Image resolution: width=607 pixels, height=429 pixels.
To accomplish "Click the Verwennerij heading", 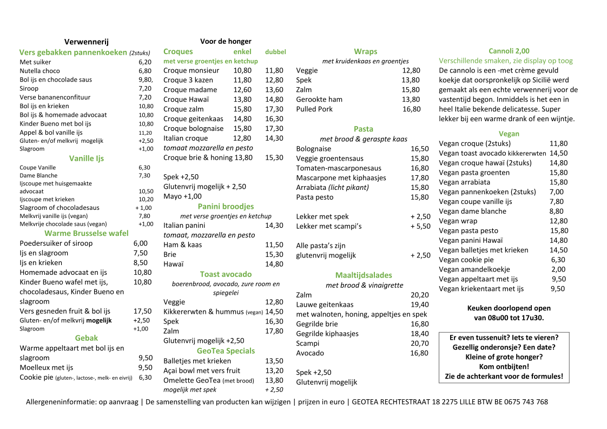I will coord(87,42).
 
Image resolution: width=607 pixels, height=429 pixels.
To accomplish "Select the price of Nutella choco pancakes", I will coord(144,71).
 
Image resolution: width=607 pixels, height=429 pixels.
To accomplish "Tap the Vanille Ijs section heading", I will coord(87,159).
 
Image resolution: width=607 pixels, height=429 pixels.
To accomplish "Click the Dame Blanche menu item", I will coord(38,175).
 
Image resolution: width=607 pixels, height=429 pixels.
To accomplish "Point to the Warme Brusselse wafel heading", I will coord(87,233).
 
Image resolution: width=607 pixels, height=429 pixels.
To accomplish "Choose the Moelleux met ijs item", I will coord(47,367).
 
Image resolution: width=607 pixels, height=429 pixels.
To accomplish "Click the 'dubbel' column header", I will coord(275,52).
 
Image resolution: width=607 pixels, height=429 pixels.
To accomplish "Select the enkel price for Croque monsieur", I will coord(242,70).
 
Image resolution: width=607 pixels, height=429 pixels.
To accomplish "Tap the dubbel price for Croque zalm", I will coord(274,109).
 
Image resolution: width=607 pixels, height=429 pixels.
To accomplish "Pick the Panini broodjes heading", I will coord(226,206).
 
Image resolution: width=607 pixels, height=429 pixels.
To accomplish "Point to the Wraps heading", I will coord(366,51).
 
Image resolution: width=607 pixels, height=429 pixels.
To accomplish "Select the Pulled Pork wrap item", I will coord(314,109).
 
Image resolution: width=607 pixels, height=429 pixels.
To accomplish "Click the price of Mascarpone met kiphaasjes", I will coord(419,178).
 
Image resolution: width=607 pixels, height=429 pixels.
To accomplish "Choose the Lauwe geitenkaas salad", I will coord(325,305).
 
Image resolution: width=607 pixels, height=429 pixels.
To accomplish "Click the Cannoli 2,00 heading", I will coord(509,51).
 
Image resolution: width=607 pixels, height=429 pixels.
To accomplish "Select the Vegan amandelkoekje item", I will coord(474,269).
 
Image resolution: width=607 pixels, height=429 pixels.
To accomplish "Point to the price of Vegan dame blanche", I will coord(556,212).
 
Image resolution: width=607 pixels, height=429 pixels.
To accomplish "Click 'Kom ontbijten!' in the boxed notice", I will coord(504,367).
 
